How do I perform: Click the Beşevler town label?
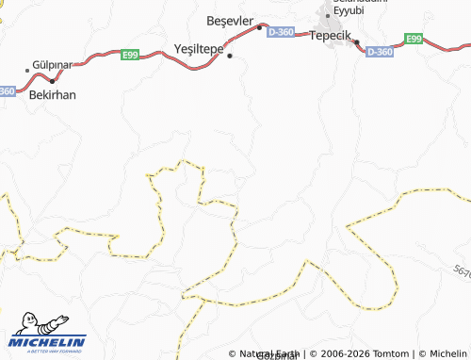tap(230, 20)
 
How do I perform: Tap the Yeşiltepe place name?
tap(199, 48)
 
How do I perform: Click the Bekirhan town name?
tap(53, 94)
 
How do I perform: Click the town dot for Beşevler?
tap(260, 27)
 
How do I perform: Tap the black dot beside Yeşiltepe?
tap(229, 56)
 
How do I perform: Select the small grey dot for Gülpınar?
tap(27, 70)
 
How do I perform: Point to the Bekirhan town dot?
tap(52, 81)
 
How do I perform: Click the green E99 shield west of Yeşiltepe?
tap(131, 55)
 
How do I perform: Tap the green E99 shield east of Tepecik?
tap(414, 38)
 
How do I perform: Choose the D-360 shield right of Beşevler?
tap(281, 31)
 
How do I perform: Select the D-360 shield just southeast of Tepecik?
tap(379, 51)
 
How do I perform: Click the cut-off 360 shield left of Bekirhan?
tap(8, 90)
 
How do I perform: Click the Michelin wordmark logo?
tap(49, 341)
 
